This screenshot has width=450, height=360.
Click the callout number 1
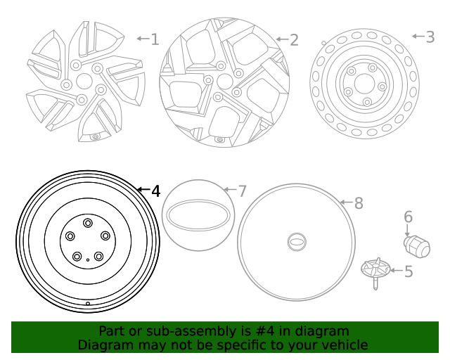155,39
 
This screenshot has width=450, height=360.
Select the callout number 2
294,40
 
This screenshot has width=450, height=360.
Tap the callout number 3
430,37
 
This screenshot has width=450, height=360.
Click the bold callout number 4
155,191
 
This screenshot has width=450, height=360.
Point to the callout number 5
407,270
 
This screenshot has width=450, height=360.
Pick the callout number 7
242,191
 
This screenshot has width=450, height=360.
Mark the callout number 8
358,204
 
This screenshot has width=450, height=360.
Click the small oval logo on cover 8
296,242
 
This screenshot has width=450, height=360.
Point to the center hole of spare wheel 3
364,83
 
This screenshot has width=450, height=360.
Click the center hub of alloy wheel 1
84,81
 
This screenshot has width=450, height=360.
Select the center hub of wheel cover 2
224,81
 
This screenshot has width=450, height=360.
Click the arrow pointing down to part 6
407,230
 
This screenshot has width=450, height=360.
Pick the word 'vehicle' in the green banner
345,345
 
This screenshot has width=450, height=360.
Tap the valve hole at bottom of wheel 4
87,304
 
